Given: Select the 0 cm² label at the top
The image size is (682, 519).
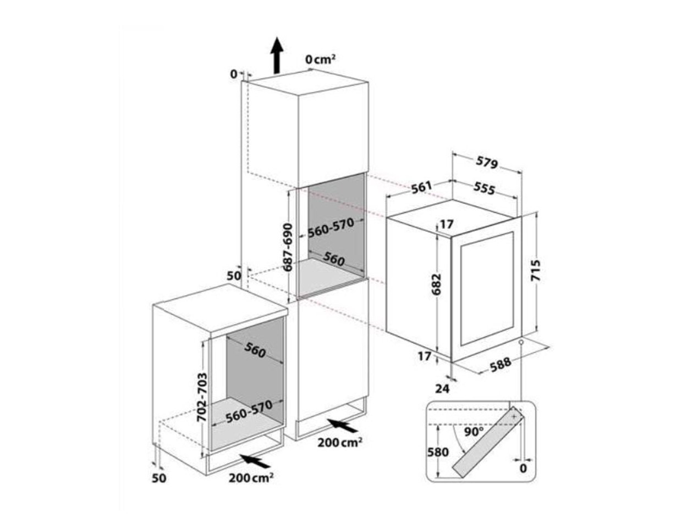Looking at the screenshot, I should point(321,59).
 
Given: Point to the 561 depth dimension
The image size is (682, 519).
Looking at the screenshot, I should point(421,188).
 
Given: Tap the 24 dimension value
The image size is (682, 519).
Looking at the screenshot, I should point(442,388).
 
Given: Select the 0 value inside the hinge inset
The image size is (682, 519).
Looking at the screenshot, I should point(522,468).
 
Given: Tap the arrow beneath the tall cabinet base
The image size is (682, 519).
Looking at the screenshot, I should point(340,425).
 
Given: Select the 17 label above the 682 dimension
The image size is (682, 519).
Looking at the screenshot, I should point(446,224).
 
